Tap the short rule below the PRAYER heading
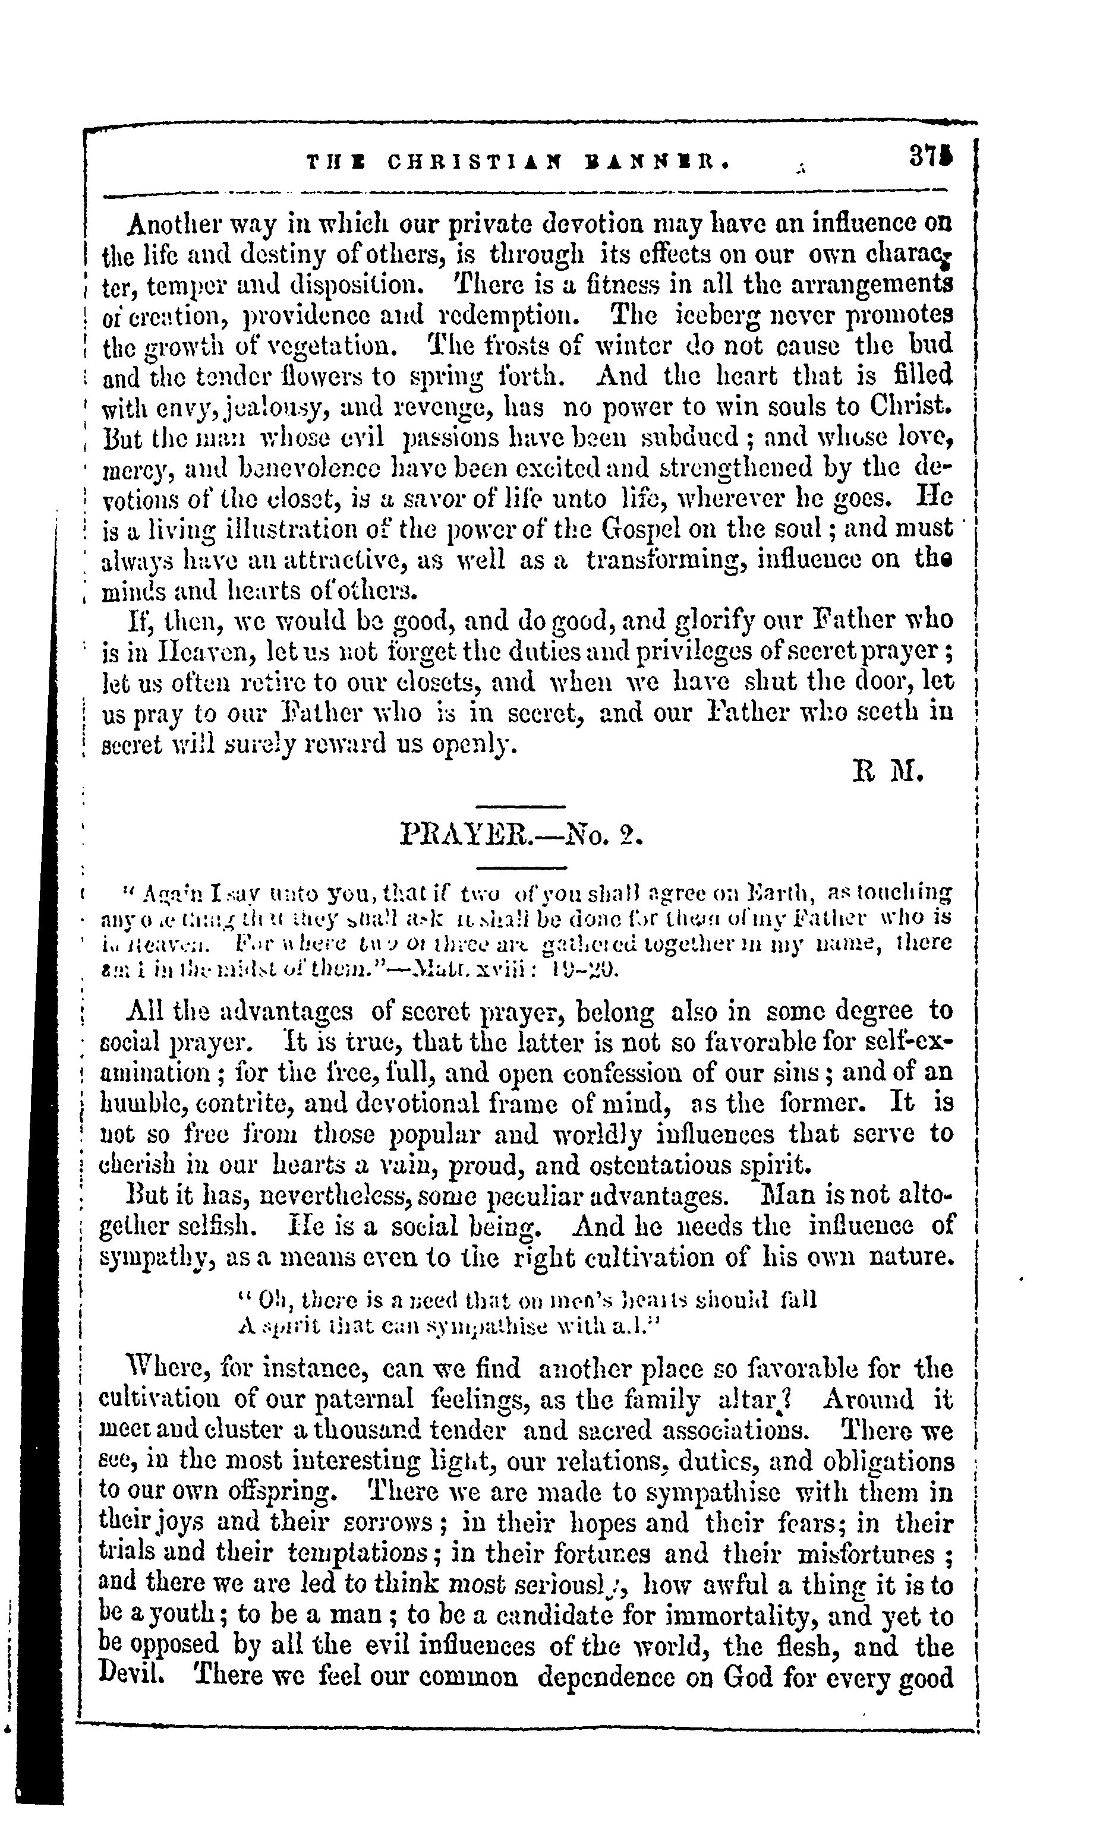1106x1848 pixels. pyautogui.click(x=521, y=867)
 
